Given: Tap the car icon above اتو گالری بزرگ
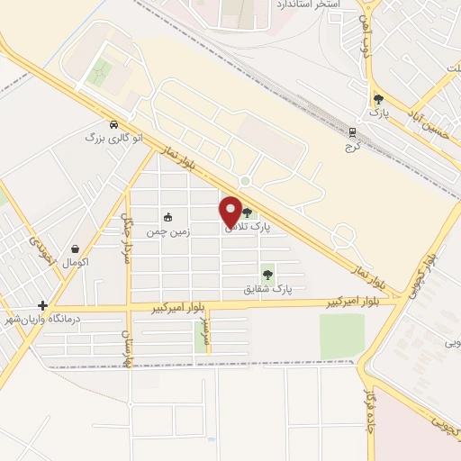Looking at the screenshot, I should (113, 124).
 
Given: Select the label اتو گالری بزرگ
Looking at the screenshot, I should (113, 138).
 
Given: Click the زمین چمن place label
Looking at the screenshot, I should (169, 231).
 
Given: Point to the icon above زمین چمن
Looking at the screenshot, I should (168, 217).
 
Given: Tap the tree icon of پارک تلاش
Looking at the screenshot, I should (247, 212).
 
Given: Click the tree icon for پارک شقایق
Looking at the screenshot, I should (267, 274).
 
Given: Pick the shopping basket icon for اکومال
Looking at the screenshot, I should (75, 249).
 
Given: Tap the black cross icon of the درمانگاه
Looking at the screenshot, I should (41, 305).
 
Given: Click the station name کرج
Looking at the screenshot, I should (352, 146).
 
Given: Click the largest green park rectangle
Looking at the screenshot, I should (342, 335).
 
